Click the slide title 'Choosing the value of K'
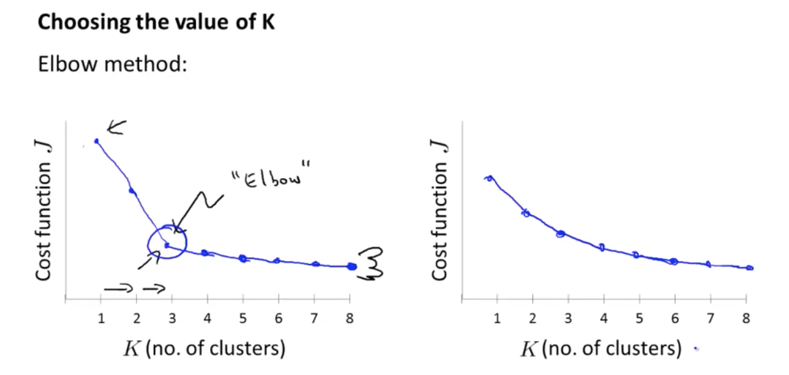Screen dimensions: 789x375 [x=156, y=22]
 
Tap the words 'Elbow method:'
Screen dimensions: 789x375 [x=112, y=64]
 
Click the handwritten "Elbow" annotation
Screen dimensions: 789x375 [x=271, y=174]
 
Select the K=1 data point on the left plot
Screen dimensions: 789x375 [x=96, y=141]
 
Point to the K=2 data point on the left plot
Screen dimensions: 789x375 [x=132, y=191]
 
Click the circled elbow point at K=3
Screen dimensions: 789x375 [x=167, y=245]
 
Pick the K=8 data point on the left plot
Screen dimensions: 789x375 [x=352, y=267]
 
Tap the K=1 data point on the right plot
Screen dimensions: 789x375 [x=489, y=179]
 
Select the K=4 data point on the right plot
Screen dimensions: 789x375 [x=602, y=247]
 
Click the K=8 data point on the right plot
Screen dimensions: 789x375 [x=749, y=268]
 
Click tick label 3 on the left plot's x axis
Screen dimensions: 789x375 [x=172, y=318]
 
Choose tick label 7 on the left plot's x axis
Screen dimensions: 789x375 [x=314, y=318]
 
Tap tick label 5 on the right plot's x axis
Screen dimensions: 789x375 [x=639, y=318]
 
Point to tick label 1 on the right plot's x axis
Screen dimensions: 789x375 [x=497, y=318]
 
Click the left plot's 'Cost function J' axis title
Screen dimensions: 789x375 [x=43, y=210]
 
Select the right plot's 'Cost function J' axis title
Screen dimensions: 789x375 [x=439, y=210]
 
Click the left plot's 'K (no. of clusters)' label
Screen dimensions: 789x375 [x=205, y=349]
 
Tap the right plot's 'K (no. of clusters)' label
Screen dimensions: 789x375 [x=601, y=349]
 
